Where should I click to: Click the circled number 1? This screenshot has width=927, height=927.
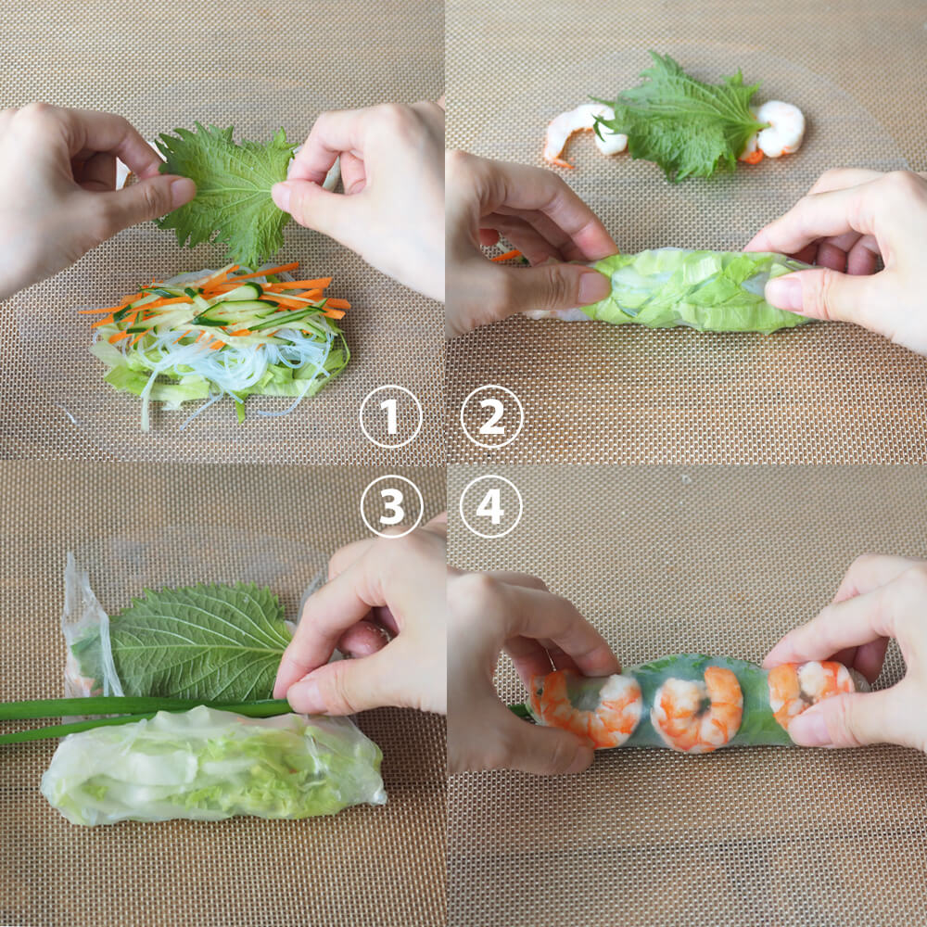tap(391, 416)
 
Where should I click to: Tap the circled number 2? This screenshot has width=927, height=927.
tap(492, 416)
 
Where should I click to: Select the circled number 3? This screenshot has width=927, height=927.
tap(391, 506)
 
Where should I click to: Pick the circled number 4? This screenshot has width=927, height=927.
tap(490, 506)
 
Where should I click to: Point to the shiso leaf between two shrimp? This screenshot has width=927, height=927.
tap(679, 119)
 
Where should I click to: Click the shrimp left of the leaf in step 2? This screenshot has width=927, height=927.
tap(582, 133)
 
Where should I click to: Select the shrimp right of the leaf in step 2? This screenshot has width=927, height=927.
tap(774, 132)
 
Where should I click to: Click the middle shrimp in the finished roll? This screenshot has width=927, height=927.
tap(698, 708)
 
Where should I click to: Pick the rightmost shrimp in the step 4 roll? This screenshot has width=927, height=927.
tap(810, 689)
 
